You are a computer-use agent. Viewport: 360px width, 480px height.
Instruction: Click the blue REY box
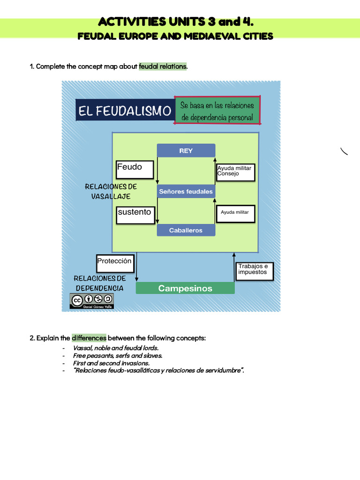point(186,150)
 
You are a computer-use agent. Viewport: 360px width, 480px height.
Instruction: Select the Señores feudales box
point(186,191)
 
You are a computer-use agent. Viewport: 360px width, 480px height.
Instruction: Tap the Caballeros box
point(186,230)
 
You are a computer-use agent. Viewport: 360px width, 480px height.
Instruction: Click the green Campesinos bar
point(185,288)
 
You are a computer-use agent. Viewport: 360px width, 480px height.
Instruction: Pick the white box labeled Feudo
point(135,170)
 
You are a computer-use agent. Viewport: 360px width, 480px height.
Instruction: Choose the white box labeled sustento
point(135,215)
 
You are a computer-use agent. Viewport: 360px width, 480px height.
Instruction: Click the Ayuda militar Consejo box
point(235,172)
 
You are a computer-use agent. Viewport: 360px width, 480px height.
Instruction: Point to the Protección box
point(115,263)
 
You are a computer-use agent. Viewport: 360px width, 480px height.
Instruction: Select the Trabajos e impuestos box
point(254,271)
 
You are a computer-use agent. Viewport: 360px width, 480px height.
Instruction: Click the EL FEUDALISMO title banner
point(125,111)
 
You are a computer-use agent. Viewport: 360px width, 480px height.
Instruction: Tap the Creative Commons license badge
point(92,301)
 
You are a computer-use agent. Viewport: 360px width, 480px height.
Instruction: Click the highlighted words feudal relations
point(163,67)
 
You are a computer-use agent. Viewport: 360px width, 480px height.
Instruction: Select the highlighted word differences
point(89,338)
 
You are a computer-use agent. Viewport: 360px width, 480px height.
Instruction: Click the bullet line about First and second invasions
point(111,363)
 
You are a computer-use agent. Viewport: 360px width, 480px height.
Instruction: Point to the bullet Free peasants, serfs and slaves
point(118,356)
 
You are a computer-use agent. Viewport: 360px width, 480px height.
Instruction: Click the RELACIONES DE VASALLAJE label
point(111,192)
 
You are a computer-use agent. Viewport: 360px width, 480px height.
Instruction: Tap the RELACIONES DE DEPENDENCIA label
point(99,283)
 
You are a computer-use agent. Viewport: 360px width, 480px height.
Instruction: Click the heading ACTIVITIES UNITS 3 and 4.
point(176,22)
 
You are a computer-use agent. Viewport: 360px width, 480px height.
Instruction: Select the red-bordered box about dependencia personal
point(217,111)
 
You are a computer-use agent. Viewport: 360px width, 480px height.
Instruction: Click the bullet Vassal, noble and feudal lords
point(116,348)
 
